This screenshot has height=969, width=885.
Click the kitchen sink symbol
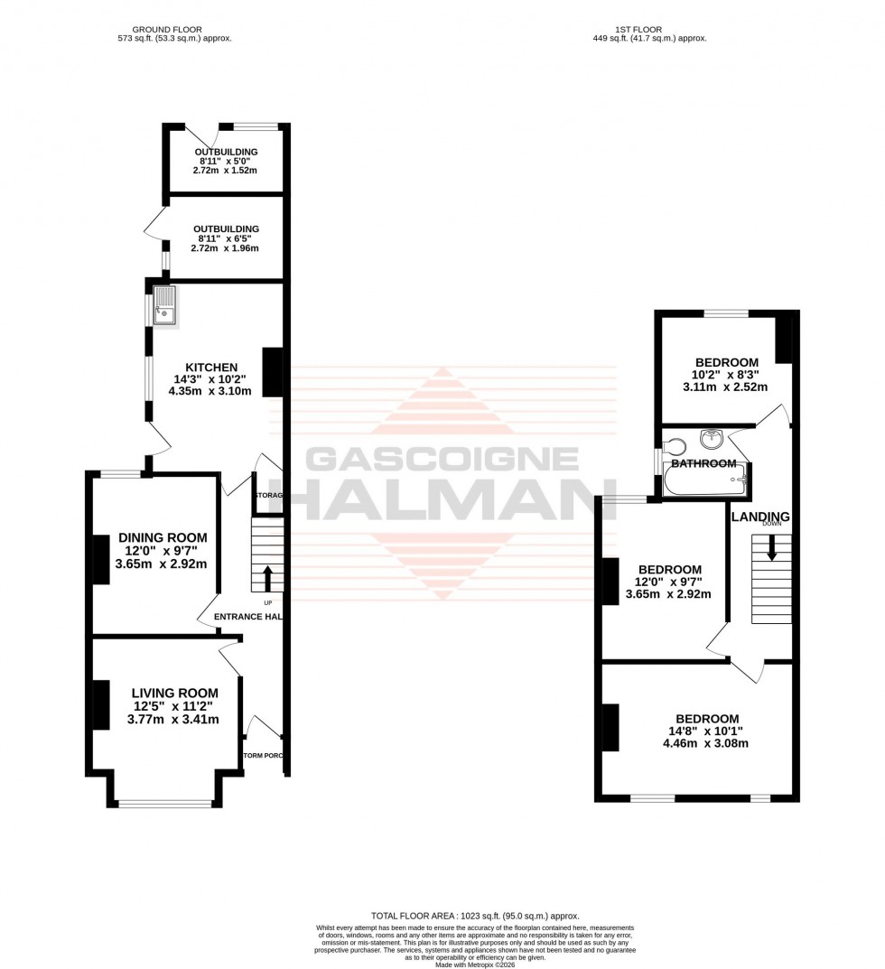tap(165, 305)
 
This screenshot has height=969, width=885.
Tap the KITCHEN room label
tap(211, 367)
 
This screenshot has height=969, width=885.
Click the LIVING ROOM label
tap(173, 692)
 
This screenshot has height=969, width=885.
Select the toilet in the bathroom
tap(673, 446)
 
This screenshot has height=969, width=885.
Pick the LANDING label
tap(760, 517)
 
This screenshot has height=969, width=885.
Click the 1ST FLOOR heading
tap(647, 28)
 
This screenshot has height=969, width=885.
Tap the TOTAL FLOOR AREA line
tap(475, 916)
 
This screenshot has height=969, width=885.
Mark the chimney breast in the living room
tap(98, 704)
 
